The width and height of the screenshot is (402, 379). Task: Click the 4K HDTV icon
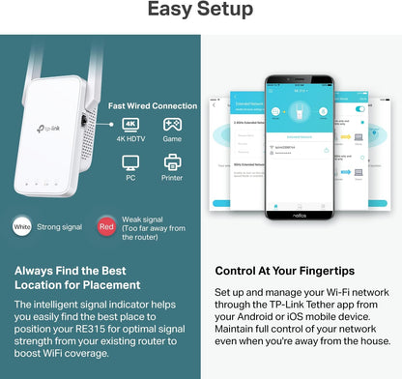tap(132, 125)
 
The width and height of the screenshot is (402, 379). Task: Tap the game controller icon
tap(173, 125)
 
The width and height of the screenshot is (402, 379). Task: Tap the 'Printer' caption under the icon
tap(173, 178)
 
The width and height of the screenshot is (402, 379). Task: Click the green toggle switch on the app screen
tap(360, 110)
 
